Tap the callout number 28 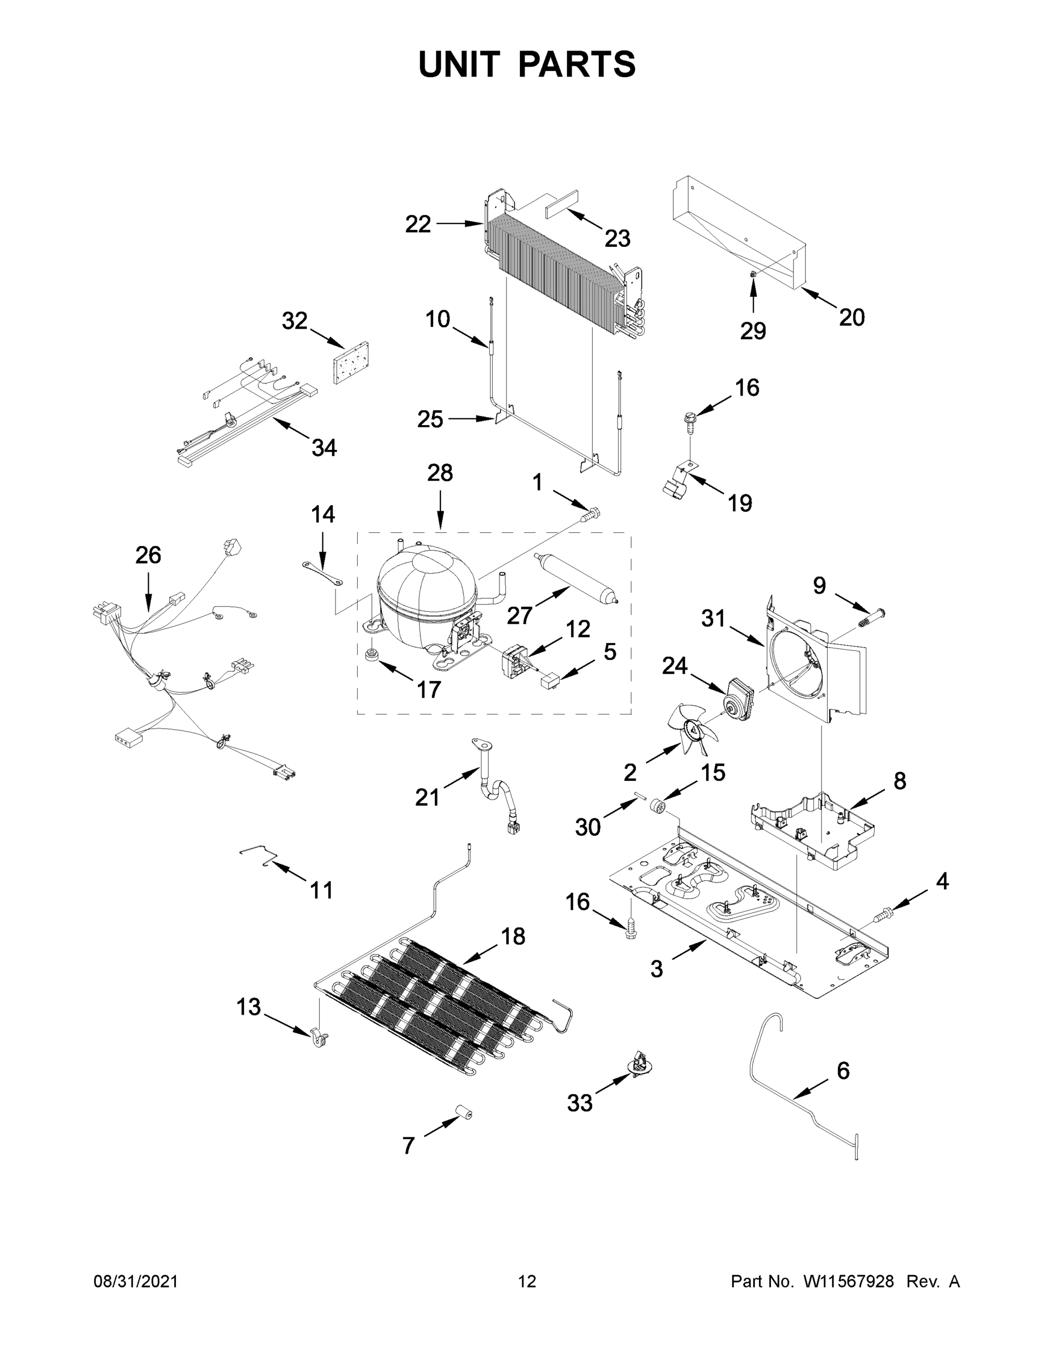[440, 473]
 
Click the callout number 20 [852, 318]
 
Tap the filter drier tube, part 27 [576, 577]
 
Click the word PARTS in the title [577, 64]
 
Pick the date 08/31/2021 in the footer [136, 1281]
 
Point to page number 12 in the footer [527, 1281]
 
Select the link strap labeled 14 [322, 573]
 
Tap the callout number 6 [843, 1071]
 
